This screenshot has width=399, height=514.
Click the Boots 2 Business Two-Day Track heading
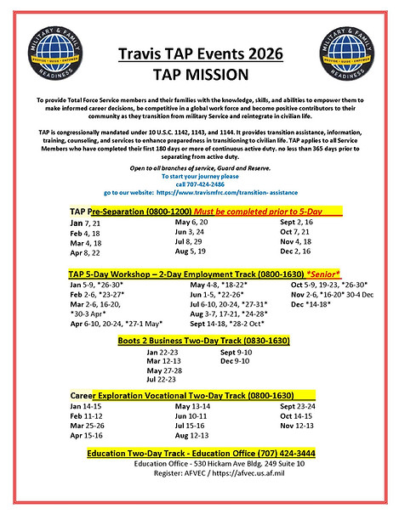pyautogui.click(x=199, y=341)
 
